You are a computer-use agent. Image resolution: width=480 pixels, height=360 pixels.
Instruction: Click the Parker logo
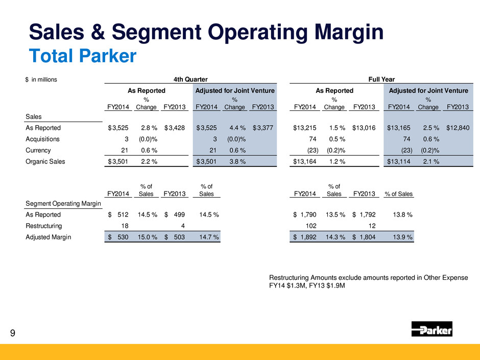[x=431, y=329]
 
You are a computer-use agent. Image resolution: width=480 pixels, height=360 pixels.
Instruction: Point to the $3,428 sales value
[x=175, y=128]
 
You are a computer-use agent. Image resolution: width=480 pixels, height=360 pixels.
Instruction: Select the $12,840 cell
[x=458, y=128]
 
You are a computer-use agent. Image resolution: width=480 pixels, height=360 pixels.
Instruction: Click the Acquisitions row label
[x=44, y=139]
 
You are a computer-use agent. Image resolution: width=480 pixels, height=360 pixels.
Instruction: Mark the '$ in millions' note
[x=41, y=80]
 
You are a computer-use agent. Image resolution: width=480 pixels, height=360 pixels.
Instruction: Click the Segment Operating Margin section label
[x=63, y=204]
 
